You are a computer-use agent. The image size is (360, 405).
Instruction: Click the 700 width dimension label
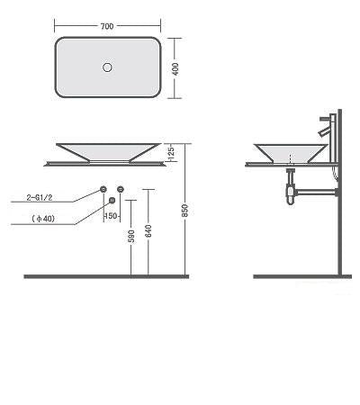[x=107, y=26]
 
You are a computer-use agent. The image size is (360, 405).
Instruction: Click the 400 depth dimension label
[x=175, y=68]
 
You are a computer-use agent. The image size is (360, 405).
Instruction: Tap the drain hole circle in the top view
[x=107, y=67]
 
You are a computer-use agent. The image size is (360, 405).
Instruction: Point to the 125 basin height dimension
[x=171, y=153]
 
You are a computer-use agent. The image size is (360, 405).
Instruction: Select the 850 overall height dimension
[x=185, y=211]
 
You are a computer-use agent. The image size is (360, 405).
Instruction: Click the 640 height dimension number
[x=148, y=230]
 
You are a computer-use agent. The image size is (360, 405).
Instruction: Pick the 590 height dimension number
[x=131, y=236]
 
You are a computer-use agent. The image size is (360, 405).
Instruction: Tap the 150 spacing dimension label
[x=111, y=216]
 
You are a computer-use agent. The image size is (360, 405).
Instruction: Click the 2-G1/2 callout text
[x=40, y=197]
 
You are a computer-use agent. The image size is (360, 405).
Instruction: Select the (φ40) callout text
[x=43, y=219]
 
